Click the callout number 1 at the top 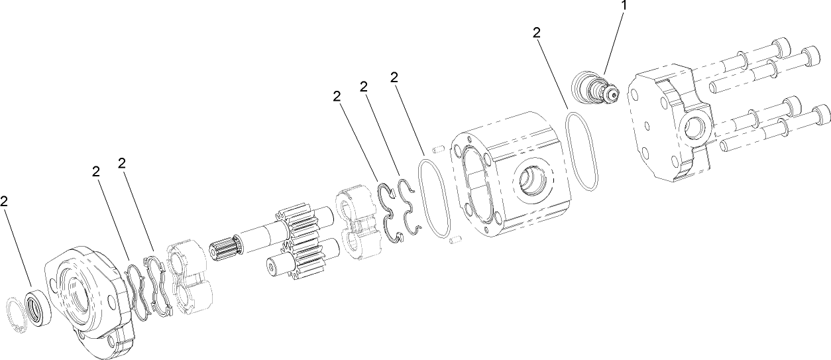coord(624,6)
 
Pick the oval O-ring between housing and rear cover coord(583,152)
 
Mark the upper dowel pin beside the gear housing coord(436,148)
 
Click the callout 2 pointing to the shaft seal coord(5,200)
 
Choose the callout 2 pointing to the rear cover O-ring coord(537,33)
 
